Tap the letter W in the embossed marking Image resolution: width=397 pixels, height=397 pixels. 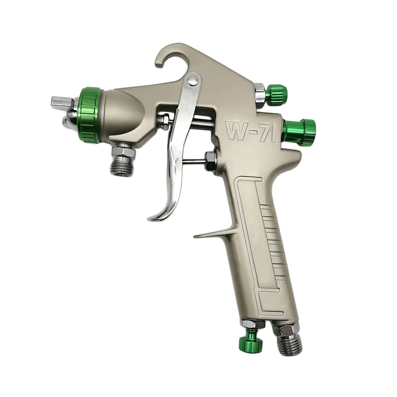236,131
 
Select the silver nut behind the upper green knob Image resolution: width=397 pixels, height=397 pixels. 260,92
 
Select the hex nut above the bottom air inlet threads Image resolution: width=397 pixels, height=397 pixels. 285,328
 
